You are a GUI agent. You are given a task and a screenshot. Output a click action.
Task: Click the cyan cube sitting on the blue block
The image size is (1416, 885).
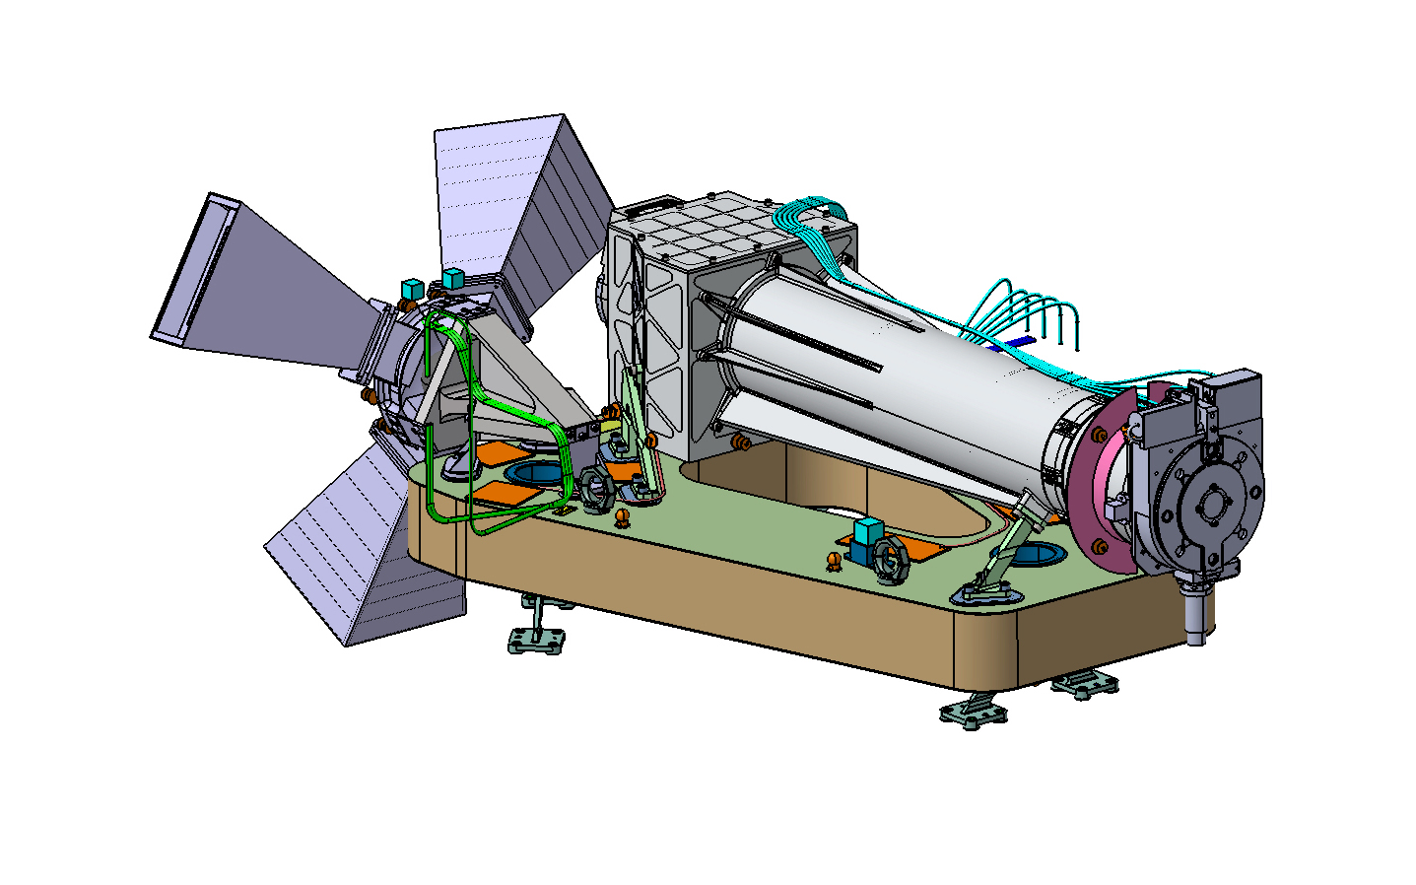(867, 531)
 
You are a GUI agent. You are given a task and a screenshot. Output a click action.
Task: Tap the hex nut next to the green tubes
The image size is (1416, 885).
(595, 489)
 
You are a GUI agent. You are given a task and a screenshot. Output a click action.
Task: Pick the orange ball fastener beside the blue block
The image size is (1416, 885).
(835, 562)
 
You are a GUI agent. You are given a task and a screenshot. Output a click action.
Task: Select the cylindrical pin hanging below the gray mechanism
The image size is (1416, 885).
(1195, 616)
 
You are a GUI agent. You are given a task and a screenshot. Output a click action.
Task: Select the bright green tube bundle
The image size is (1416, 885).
(473, 414)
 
